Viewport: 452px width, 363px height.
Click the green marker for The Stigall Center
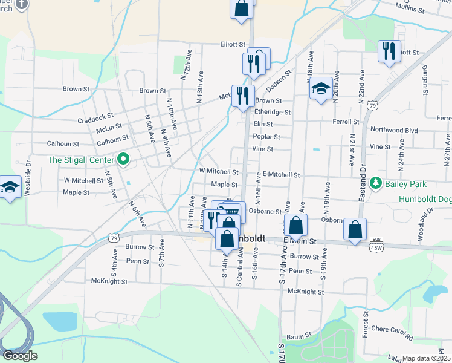click(x=124, y=160)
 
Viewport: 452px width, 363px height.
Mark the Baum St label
click(x=299, y=334)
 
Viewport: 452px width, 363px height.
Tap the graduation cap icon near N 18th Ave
click(x=321, y=89)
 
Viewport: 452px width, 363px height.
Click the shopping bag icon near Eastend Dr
click(x=355, y=229)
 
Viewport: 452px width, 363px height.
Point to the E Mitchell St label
click(x=281, y=175)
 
